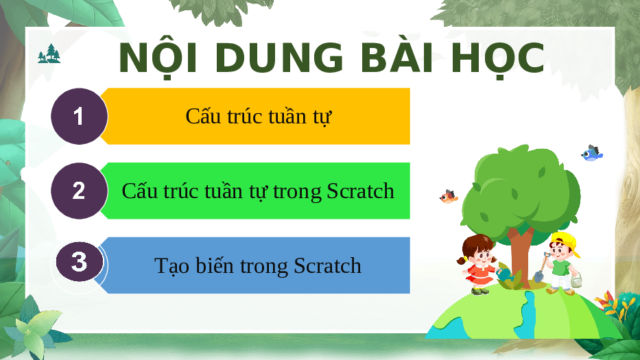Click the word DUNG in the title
279,58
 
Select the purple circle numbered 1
79,117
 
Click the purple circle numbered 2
79,191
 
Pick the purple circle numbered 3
79,262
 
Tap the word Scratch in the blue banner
327,266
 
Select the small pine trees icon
49,53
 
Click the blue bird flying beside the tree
591,153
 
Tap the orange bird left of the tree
449,197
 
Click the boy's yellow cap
566,243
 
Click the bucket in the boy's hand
576,280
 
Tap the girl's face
482,256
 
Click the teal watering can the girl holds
506,274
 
